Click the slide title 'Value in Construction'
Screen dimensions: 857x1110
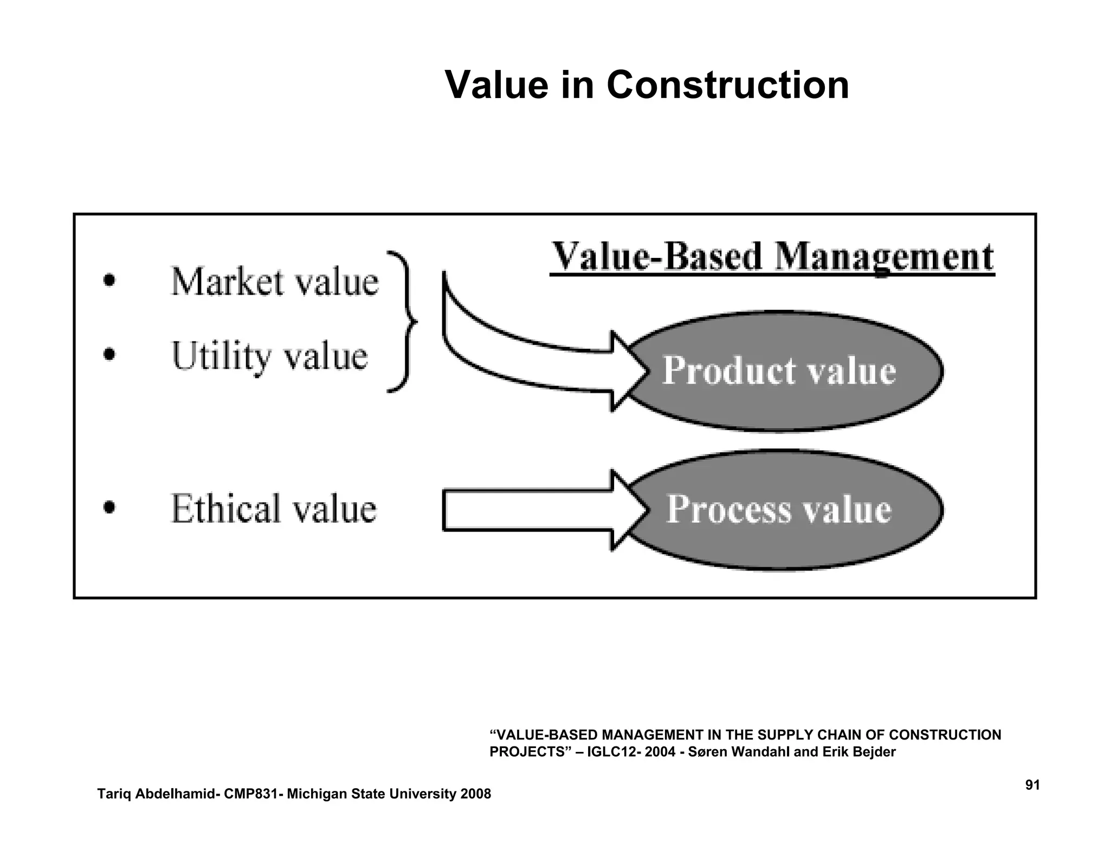tap(647, 85)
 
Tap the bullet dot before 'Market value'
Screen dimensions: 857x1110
tap(109, 281)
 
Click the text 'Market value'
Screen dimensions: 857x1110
tap(274, 282)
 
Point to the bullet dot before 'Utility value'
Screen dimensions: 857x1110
tap(109, 355)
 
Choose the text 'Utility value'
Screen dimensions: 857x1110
tap(269, 356)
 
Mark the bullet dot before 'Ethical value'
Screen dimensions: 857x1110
tap(109, 508)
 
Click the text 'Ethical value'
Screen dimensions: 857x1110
tap(273, 509)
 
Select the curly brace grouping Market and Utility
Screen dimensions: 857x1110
tap(402, 322)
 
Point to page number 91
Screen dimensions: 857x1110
tap(1032, 785)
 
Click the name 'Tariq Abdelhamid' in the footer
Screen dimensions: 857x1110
tap(156, 794)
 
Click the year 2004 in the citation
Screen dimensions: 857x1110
tap(660, 752)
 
